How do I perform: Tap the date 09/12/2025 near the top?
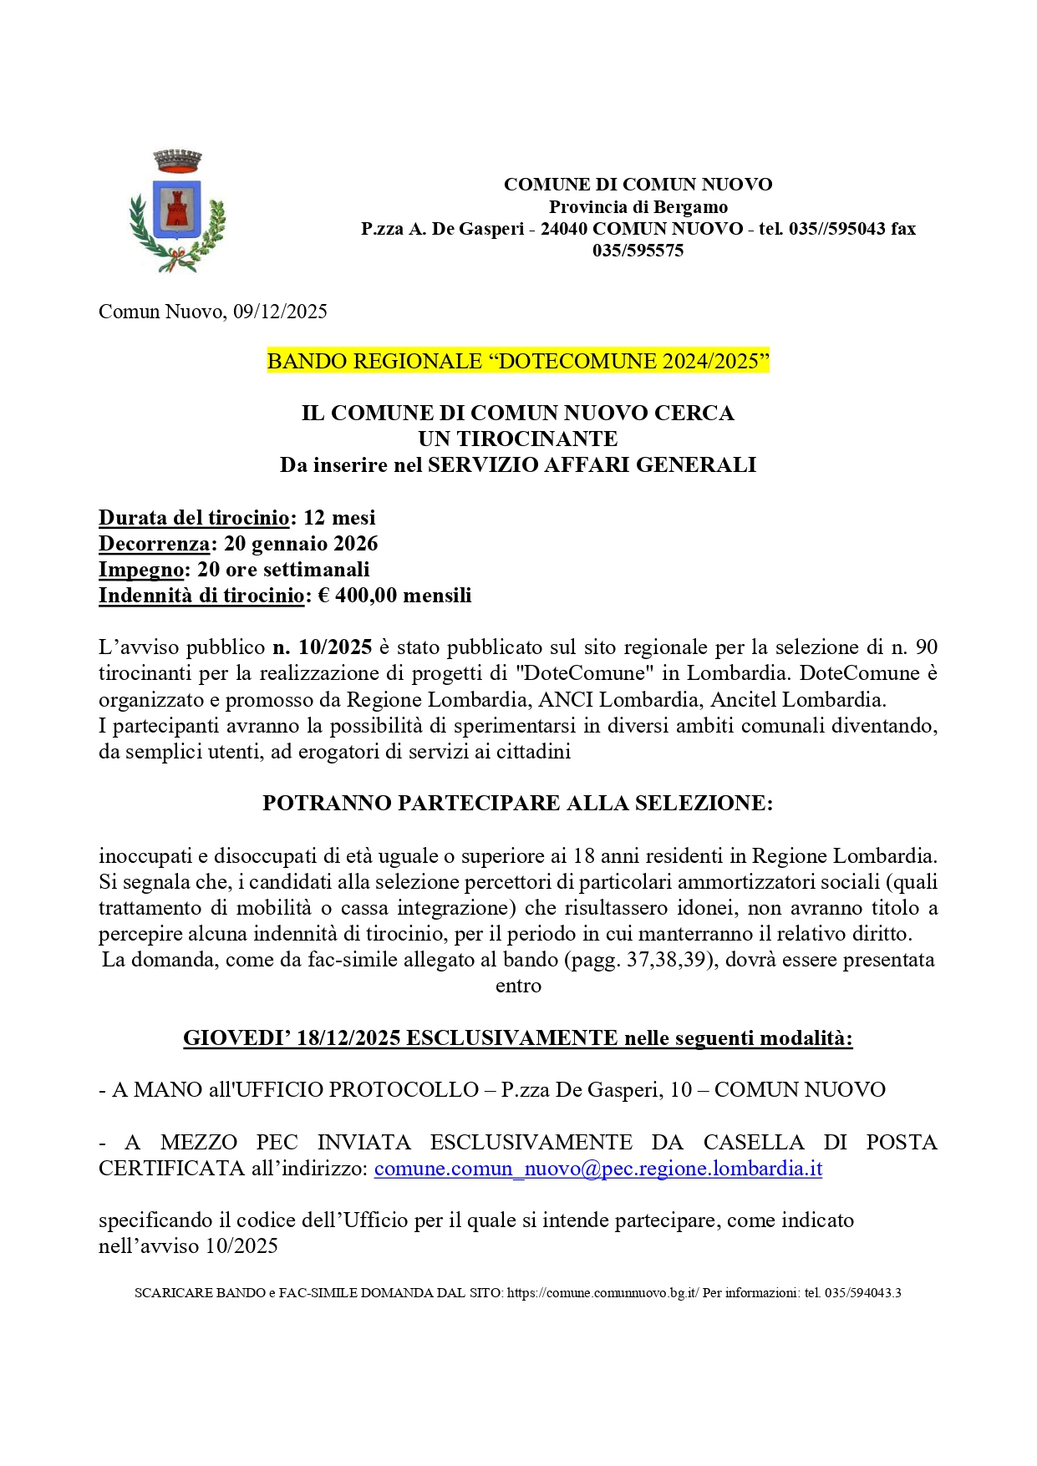click(x=280, y=312)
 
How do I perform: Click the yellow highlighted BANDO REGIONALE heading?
click(x=518, y=361)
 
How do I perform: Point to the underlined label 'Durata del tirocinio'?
click(x=194, y=518)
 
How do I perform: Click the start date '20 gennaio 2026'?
click(x=301, y=544)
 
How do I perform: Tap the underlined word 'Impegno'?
click(x=141, y=570)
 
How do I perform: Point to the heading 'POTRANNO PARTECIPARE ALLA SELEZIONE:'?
click(x=518, y=803)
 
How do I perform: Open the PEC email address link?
click(x=598, y=1169)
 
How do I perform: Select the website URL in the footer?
click(x=602, y=1293)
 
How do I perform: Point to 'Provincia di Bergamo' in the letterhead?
click(x=638, y=206)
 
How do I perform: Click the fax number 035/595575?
click(x=638, y=251)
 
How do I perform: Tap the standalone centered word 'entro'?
click(x=518, y=986)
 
